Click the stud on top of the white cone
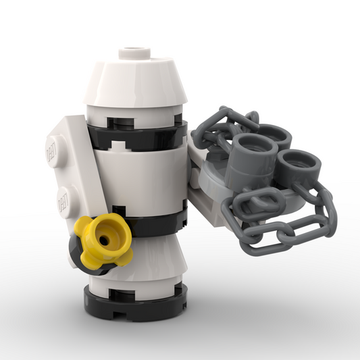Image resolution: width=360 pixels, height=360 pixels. pyautogui.click(x=134, y=52)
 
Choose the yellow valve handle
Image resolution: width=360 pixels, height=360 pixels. pyautogui.click(x=105, y=240)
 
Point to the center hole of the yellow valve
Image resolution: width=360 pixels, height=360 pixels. pyautogui.click(x=104, y=238)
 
